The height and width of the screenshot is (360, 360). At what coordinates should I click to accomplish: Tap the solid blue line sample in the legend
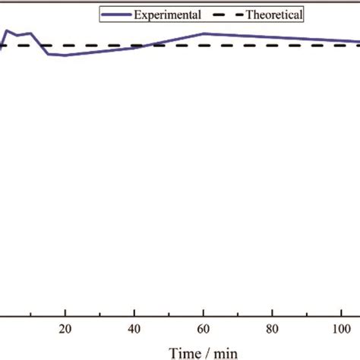[x=118, y=14]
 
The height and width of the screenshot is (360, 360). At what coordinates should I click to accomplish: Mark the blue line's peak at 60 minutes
[x=204, y=33]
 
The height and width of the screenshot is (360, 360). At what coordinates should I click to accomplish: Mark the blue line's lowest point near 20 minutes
[x=64, y=55]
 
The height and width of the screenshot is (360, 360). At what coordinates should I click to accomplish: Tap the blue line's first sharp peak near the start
[x=7, y=30]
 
